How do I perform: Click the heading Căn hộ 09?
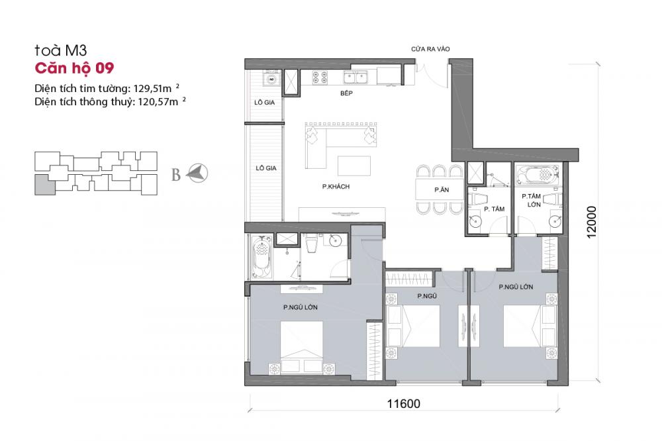pyautogui.click(x=74, y=68)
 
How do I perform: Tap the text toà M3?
pyautogui.click(x=61, y=51)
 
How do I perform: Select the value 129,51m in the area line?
pyautogui.click(x=152, y=89)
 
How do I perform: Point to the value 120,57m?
pyautogui.click(x=158, y=102)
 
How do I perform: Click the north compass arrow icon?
pyautogui.click(x=197, y=173)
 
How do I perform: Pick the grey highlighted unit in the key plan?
pyautogui.click(x=45, y=185)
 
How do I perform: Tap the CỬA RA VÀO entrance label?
pyautogui.click(x=430, y=49)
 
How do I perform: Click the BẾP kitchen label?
pyautogui.click(x=346, y=93)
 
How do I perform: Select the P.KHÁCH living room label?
pyautogui.click(x=336, y=186)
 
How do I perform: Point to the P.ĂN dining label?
pyautogui.click(x=442, y=189)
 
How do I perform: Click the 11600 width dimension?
pyautogui.click(x=404, y=404)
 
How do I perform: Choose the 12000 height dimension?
pyautogui.click(x=591, y=222)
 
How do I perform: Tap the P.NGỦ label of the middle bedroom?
pyautogui.click(x=427, y=296)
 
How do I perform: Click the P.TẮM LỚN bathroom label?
pyautogui.click(x=531, y=200)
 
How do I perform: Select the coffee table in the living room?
pyautogui.click(x=354, y=166)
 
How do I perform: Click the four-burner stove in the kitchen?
pyautogui.click(x=320, y=77)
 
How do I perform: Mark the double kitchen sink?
pyautogui.click(x=355, y=77)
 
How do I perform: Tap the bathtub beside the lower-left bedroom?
pyautogui.click(x=261, y=257)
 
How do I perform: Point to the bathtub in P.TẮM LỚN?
pyautogui.click(x=538, y=175)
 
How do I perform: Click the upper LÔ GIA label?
pyautogui.click(x=265, y=102)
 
